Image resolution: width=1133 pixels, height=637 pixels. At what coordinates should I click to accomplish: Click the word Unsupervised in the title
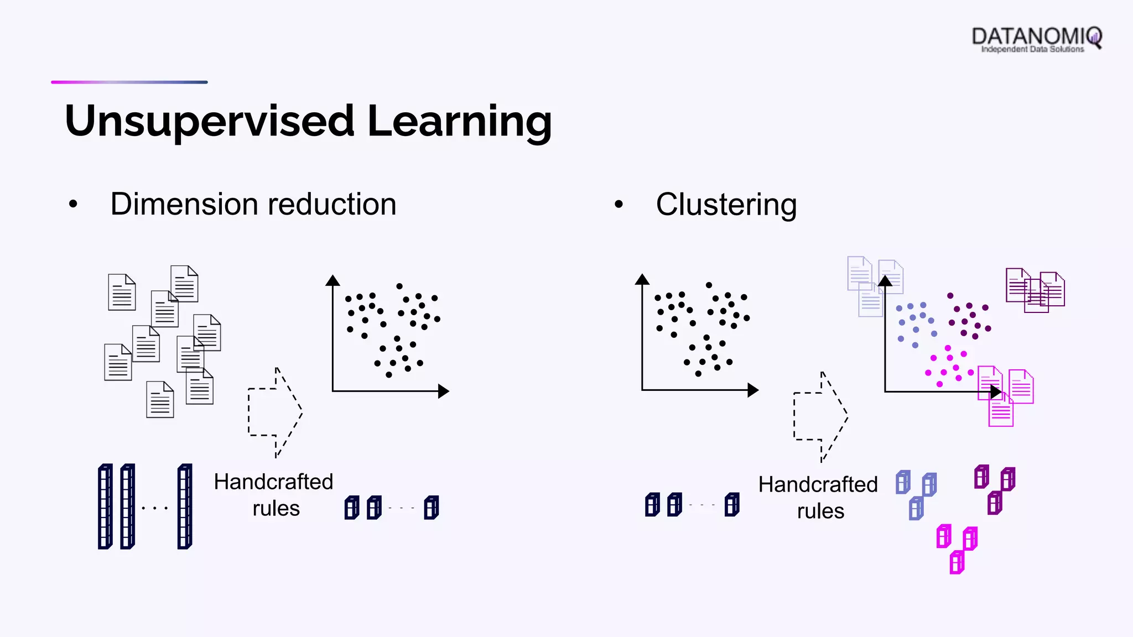click(209, 122)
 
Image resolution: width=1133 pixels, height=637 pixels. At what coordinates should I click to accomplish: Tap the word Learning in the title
click(459, 122)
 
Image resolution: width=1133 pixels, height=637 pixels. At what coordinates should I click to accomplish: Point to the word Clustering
click(726, 205)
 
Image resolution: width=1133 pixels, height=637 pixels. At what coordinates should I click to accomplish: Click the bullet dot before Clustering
click(619, 205)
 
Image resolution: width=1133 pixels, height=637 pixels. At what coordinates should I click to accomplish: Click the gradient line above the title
click(129, 82)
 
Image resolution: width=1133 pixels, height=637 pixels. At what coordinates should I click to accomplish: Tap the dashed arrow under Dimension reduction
click(275, 413)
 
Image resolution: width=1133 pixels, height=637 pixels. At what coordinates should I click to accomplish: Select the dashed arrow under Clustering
click(820, 416)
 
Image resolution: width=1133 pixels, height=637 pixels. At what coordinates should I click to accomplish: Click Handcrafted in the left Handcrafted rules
click(273, 482)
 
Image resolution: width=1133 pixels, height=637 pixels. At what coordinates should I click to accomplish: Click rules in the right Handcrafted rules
click(820, 511)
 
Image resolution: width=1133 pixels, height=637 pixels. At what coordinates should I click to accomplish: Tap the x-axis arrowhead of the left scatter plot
click(444, 391)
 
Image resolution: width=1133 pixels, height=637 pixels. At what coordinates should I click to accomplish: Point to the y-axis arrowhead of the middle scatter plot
click(642, 279)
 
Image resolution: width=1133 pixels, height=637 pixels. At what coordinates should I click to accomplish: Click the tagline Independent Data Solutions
click(1032, 50)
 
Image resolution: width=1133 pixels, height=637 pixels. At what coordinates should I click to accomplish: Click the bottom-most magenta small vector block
click(957, 563)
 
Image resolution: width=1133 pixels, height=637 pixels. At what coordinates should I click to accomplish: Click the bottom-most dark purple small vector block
click(995, 503)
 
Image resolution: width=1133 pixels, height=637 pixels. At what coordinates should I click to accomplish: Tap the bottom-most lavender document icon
click(870, 302)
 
